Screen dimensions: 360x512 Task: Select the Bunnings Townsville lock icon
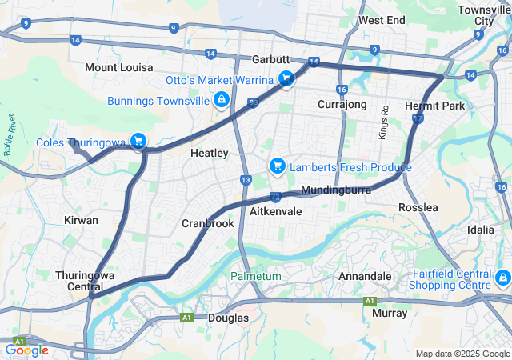pyautogui.click(x=220, y=100)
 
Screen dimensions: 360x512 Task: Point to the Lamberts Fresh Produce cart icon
pyautogui.click(x=277, y=166)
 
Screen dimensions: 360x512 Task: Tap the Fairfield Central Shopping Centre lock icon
pyautogui.click(x=502, y=278)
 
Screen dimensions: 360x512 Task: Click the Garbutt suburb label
pyautogui.click(x=270, y=60)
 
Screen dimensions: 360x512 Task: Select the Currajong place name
pyautogui.click(x=342, y=105)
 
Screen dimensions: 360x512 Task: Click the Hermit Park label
pyautogui.click(x=434, y=106)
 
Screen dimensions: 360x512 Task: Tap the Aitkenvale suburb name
pyautogui.click(x=275, y=212)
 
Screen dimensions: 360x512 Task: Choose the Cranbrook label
pyautogui.click(x=208, y=223)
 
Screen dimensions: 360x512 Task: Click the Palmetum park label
pyautogui.click(x=256, y=276)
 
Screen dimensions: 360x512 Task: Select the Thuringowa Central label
pyautogui.click(x=85, y=281)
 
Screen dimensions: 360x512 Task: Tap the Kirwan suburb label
pyautogui.click(x=81, y=219)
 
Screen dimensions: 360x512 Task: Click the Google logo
pyautogui.click(x=26, y=350)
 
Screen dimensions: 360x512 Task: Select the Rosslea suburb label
pyautogui.click(x=418, y=207)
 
